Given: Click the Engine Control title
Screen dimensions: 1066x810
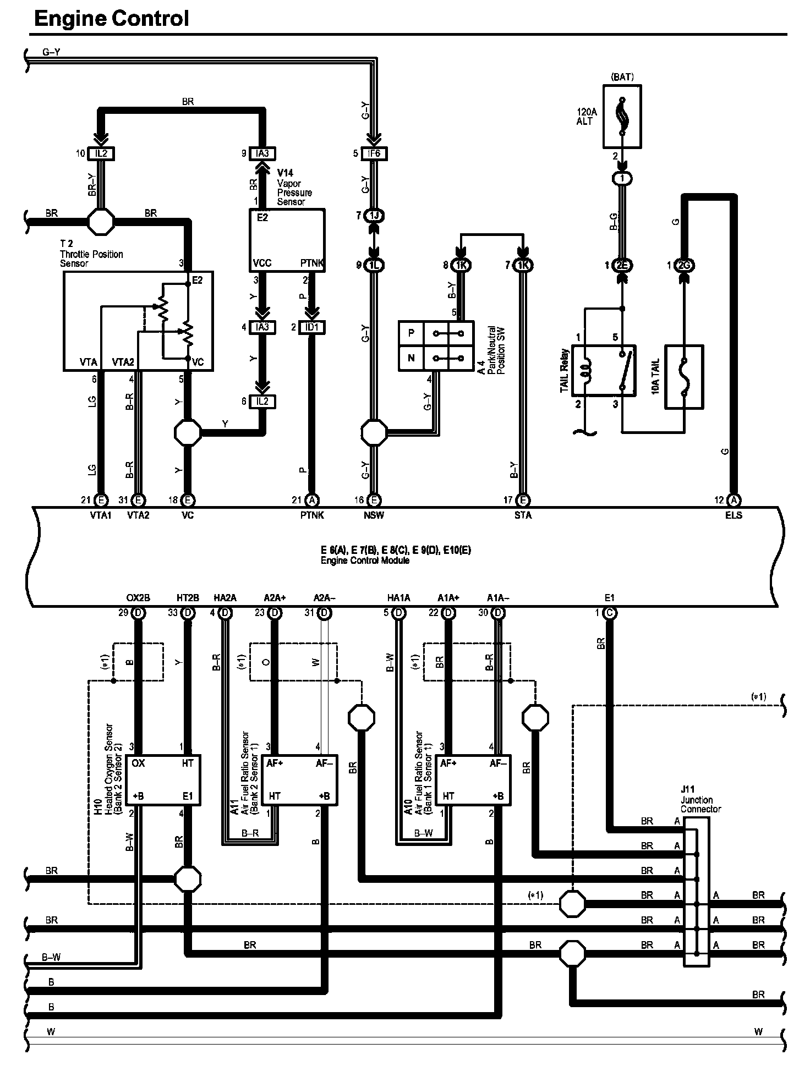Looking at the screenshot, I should tap(112, 19).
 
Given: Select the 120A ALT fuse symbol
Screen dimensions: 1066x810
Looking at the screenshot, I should tap(622, 117).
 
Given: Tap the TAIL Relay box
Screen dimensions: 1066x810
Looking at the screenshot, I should tap(604, 370).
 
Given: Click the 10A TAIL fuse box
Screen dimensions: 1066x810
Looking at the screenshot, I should tap(684, 377).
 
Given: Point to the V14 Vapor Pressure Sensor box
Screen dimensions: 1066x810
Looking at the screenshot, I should tap(287, 240).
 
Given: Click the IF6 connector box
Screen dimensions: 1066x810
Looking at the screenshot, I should tap(374, 153).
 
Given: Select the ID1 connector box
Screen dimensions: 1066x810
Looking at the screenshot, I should tap(311, 327).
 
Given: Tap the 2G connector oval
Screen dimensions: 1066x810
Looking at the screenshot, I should tap(685, 265).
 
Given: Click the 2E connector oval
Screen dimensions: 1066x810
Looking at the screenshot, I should tap(622, 265).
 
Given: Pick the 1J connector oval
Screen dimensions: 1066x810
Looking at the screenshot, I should tap(374, 216).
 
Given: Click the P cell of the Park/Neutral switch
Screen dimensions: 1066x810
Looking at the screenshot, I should tap(411, 333).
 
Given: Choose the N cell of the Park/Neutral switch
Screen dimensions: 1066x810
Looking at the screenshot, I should tap(411, 358).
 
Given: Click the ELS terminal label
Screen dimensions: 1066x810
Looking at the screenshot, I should tap(734, 515).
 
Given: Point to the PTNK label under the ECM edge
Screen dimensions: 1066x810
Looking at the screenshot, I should tap(312, 515).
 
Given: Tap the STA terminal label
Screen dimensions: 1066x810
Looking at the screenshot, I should tap(523, 515).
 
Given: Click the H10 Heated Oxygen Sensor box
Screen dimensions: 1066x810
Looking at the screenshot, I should tap(163, 780).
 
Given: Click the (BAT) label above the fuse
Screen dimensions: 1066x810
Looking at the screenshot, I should tap(622, 77).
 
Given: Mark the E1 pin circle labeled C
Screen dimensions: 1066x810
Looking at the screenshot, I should tap(609, 613).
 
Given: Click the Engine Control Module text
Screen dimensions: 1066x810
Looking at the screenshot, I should tap(365, 561).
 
